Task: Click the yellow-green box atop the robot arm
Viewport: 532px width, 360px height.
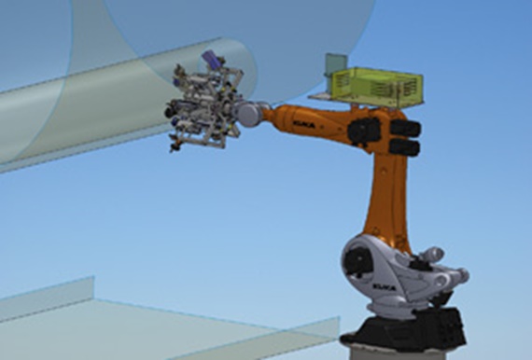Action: (376, 85)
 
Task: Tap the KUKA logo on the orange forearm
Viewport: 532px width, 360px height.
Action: (305, 118)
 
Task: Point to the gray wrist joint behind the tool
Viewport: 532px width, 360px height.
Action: (250, 113)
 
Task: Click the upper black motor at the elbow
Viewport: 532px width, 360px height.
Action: (404, 128)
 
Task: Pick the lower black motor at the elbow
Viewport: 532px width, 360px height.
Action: (403, 146)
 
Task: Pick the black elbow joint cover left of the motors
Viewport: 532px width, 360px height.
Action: (362, 130)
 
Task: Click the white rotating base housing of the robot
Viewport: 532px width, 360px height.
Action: (392, 270)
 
